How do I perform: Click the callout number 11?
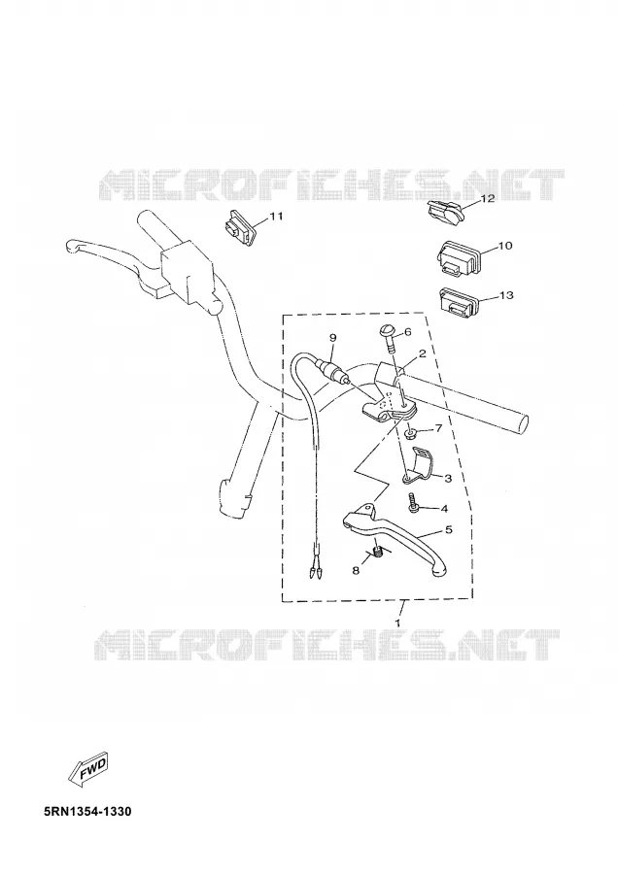(x=277, y=217)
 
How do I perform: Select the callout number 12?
(x=488, y=198)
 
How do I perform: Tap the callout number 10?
(x=504, y=246)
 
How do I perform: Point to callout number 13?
(x=506, y=295)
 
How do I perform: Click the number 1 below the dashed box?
(x=398, y=622)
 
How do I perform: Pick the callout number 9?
(x=333, y=337)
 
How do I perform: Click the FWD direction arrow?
(x=87, y=770)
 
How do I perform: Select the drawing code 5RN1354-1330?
(x=87, y=811)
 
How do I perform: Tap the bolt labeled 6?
(x=389, y=340)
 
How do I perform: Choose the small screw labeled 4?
(x=412, y=503)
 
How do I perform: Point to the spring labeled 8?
(x=379, y=551)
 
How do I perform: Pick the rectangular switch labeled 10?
(x=459, y=257)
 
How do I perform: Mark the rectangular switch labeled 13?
(x=458, y=302)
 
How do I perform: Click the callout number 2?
(x=423, y=353)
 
